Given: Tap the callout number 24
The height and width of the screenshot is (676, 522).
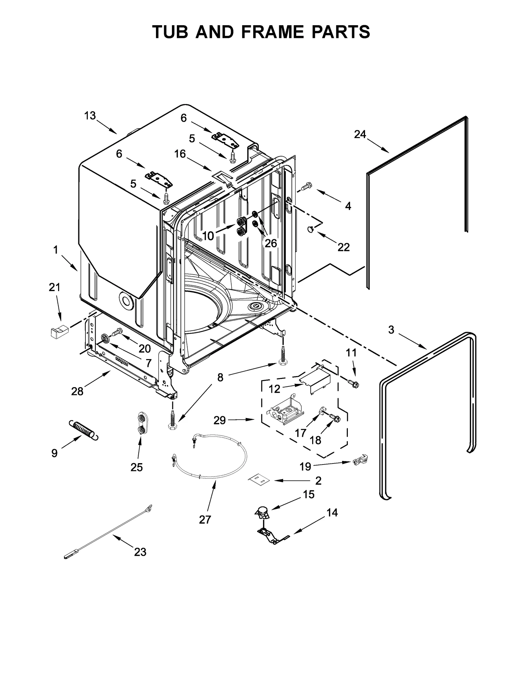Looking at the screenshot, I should (360, 134).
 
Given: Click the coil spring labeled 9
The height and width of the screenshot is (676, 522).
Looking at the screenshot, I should (84, 430).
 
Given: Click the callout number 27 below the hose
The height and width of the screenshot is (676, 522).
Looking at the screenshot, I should (205, 519).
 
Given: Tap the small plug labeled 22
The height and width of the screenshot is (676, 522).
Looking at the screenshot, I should (310, 230).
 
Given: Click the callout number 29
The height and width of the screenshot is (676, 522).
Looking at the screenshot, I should (220, 420).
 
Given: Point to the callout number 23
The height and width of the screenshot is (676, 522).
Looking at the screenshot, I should (140, 552).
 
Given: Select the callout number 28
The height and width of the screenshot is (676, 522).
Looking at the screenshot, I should (77, 391).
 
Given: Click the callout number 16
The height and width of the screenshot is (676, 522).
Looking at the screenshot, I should (180, 154).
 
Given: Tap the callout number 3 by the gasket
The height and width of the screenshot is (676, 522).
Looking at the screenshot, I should (391, 330).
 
